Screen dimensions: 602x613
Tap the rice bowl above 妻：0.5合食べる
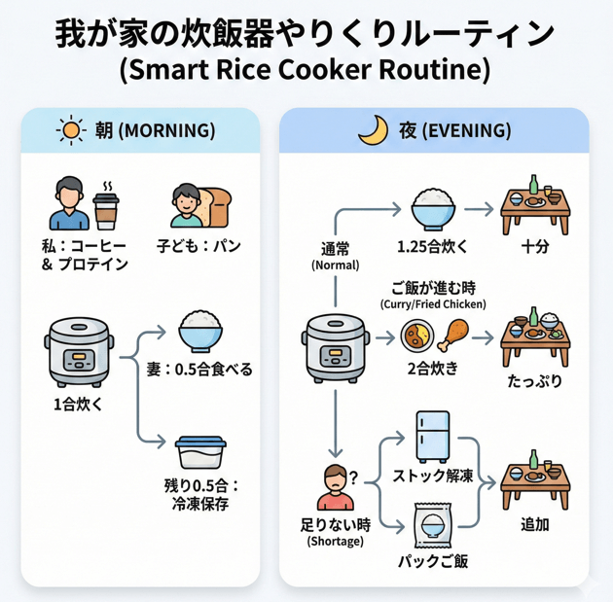[x=201, y=331]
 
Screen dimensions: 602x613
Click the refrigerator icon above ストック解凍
[x=432, y=434]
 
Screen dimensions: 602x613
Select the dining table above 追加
[x=534, y=479]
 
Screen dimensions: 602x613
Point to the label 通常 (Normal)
[x=336, y=256]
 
